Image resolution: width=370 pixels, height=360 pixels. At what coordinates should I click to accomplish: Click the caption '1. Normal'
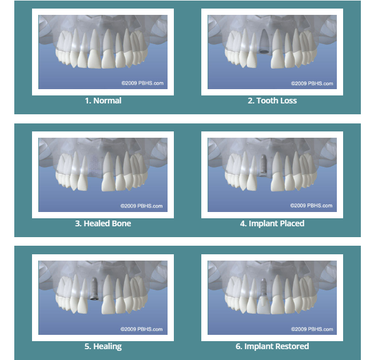(103, 101)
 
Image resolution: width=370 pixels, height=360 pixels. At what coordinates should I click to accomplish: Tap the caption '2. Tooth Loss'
(272, 101)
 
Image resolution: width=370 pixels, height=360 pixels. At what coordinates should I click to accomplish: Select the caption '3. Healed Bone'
(103, 223)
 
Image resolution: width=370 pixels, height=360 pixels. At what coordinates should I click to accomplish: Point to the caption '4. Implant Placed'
(272, 223)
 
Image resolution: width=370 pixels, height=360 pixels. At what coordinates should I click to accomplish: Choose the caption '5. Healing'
(103, 346)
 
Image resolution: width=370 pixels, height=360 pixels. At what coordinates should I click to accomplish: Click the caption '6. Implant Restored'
(272, 346)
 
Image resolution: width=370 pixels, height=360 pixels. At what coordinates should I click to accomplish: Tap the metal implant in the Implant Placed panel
(263, 165)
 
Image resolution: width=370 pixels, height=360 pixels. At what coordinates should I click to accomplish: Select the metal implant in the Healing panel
(94, 289)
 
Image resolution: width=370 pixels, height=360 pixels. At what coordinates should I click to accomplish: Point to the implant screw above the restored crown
(263, 288)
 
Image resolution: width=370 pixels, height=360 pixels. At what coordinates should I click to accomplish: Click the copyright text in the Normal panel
(142, 83)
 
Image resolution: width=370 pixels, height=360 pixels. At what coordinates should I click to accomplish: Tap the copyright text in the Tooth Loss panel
(312, 83)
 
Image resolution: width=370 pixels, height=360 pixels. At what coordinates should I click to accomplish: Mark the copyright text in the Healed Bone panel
(142, 206)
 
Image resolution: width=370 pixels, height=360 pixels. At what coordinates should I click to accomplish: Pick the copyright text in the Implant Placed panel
(311, 206)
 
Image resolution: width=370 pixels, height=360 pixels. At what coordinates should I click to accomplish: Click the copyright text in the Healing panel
(142, 329)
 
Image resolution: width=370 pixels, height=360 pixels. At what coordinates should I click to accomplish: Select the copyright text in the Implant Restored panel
(312, 329)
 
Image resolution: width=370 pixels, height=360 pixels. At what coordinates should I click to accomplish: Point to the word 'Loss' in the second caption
(288, 101)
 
